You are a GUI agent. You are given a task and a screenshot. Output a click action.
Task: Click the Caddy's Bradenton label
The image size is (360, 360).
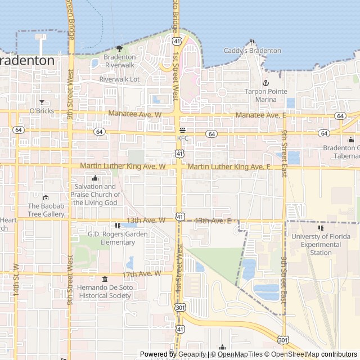click(x=253, y=51)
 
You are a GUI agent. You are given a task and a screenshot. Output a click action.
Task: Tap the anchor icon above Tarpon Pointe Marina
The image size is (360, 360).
click(x=266, y=83)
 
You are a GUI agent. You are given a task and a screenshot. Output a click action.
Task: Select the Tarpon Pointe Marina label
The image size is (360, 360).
click(x=266, y=96)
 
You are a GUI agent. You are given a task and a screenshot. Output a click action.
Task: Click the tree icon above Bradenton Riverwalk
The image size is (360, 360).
click(x=119, y=48)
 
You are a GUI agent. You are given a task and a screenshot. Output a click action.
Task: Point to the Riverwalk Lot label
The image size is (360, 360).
click(x=119, y=79)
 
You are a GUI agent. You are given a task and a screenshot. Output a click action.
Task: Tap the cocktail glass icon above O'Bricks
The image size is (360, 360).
click(x=41, y=102)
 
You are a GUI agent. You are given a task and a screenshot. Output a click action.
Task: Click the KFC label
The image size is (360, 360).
click(x=183, y=138)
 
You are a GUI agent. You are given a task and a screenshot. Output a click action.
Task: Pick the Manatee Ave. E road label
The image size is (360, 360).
click(x=260, y=115)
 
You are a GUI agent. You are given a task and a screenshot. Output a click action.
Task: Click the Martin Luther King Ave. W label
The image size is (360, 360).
click(x=123, y=166)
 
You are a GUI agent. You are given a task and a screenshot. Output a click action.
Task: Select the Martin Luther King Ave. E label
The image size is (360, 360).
click(x=229, y=167)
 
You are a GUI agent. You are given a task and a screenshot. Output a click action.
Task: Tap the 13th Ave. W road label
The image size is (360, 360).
click(x=146, y=220)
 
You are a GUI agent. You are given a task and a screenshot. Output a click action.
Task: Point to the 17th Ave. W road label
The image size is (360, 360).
click(x=142, y=274)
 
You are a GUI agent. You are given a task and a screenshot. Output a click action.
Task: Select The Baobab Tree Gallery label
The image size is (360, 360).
click(x=46, y=210)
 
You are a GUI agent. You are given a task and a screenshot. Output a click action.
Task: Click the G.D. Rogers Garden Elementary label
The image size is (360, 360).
click(x=118, y=238)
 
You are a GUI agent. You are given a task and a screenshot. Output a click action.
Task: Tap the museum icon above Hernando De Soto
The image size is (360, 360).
click(x=105, y=279)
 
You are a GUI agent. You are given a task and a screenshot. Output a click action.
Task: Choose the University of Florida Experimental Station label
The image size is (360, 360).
click(x=321, y=245)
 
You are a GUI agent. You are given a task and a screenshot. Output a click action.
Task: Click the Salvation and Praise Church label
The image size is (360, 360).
click(x=94, y=194)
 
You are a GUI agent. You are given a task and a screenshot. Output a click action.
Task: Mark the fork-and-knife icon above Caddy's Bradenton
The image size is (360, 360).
click(x=253, y=42)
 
